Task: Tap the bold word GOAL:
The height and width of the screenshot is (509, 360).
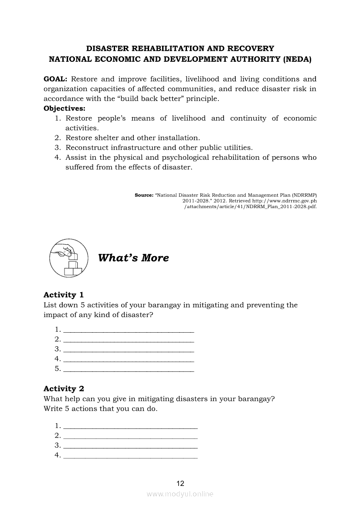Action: [x=55, y=79]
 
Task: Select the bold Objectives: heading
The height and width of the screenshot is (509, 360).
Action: [x=65, y=108]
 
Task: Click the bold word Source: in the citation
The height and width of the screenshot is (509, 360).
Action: [x=144, y=196]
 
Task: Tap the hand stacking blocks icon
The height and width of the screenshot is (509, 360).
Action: [x=66, y=258]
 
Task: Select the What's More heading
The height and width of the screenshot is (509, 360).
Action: [x=133, y=258]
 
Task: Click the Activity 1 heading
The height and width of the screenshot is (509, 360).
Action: [x=64, y=295]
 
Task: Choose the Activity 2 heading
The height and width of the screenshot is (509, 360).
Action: [x=64, y=388]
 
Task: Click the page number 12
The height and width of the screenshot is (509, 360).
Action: [x=180, y=483]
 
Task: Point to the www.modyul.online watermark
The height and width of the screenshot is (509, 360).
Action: [x=180, y=494]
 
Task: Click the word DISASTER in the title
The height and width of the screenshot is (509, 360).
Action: [x=108, y=49]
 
